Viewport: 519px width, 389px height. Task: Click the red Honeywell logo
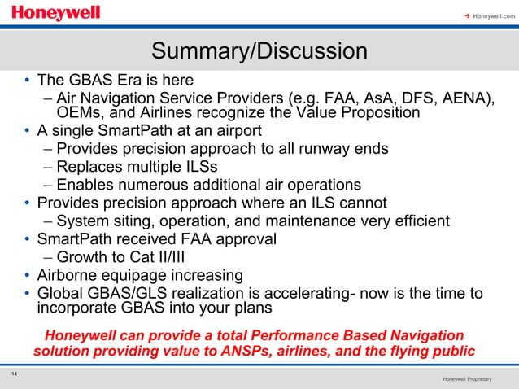56,14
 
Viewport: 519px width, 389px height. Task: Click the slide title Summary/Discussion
259,52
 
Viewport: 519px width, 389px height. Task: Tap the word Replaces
92,166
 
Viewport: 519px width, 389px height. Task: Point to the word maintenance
313,221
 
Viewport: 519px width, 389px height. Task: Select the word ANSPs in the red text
246,352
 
